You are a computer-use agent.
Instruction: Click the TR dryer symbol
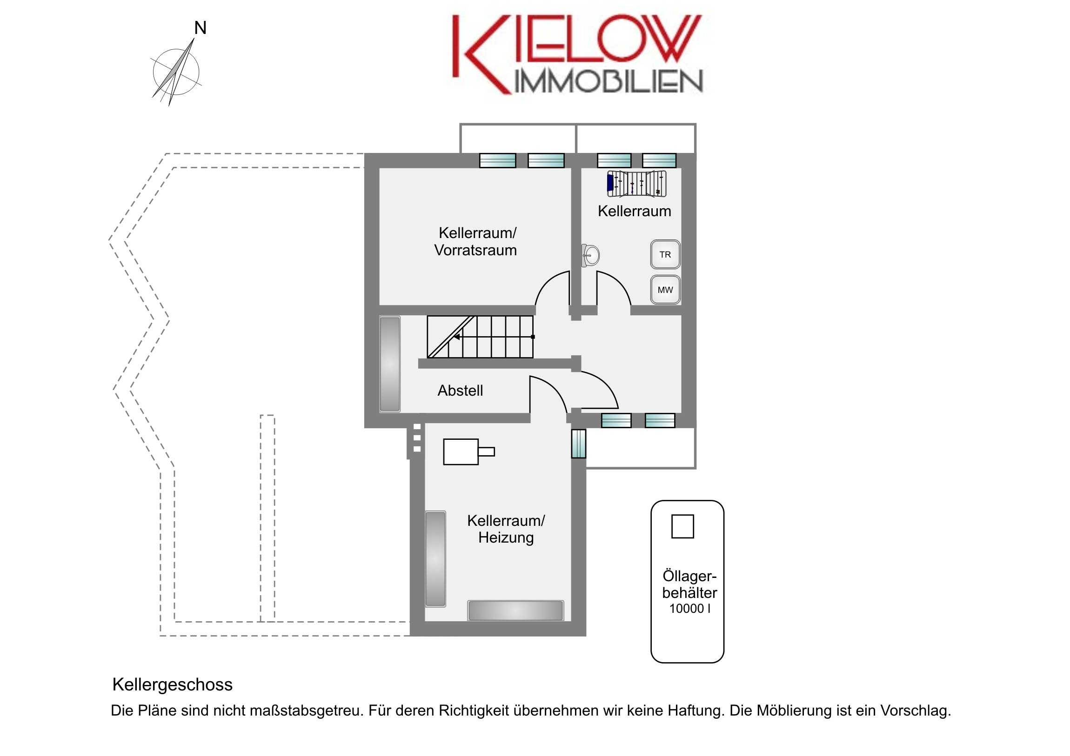(665, 254)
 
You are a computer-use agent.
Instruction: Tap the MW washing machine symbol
(665, 290)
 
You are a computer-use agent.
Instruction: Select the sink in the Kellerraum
(590, 255)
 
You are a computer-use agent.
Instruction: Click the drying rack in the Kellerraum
(636, 184)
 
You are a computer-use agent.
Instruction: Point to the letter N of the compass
(201, 28)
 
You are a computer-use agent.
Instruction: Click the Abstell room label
(460, 391)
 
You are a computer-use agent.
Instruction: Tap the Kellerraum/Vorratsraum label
(476, 241)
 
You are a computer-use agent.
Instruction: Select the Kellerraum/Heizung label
(506, 529)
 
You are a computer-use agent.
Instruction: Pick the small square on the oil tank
(683, 526)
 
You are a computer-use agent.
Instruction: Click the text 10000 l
(690, 608)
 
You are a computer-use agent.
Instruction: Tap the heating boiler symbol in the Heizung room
(468, 451)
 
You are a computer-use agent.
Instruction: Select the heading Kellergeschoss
(173, 685)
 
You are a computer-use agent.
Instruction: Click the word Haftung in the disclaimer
(696, 711)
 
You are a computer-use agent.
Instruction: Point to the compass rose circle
(176, 72)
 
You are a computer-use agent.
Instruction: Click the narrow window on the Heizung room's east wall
(578, 444)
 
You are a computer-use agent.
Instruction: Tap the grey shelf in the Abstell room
(390, 364)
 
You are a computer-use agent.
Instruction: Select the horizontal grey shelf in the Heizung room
(516, 610)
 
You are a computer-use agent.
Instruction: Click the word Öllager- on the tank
(690, 576)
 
